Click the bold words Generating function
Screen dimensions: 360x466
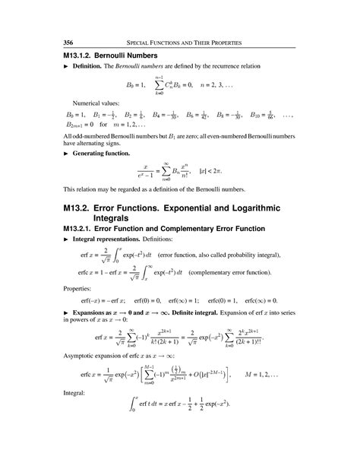[104, 154]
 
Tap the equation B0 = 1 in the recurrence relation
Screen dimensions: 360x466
[131, 86]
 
